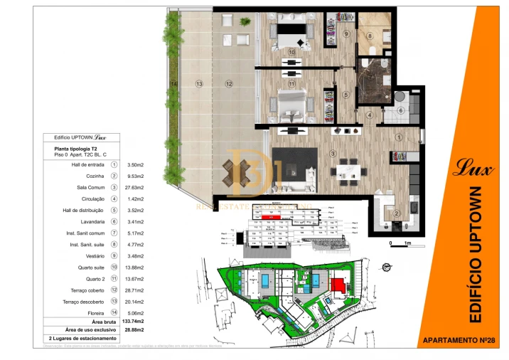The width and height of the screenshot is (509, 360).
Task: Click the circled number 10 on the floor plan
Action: [291, 52]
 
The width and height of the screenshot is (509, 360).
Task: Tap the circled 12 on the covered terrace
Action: [229, 84]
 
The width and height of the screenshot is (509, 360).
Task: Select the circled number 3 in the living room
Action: [332, 153]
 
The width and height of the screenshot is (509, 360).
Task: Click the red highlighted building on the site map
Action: [339, 285]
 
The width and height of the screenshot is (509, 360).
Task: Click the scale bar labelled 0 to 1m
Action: [398, 244]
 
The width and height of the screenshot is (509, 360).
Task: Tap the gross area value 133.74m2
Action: [134, 322]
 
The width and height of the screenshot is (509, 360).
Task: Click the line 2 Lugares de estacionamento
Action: [79, 339]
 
